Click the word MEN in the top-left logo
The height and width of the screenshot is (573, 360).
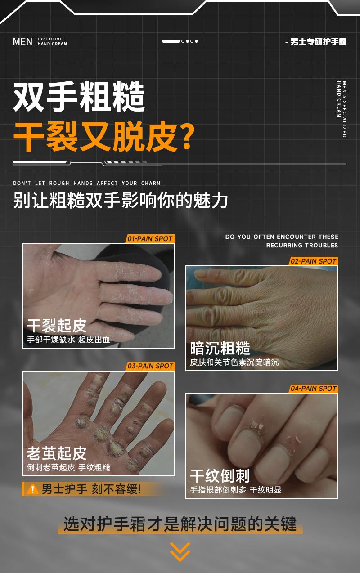[22, 41]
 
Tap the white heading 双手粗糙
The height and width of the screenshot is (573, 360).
[79, 97]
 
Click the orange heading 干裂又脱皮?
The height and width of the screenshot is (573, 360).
[104, 136]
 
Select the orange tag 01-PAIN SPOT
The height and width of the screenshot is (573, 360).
[150, 239]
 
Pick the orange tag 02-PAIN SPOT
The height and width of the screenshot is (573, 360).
[313, 261]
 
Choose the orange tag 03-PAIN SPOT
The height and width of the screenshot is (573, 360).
[150, 366]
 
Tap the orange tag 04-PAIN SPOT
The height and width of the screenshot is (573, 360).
[313, 389]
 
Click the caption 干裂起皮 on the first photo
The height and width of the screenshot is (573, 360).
[57, 326]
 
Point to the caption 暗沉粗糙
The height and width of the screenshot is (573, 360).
[220, 349]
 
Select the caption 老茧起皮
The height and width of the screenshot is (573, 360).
[57, 453]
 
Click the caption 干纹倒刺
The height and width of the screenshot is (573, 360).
[220, 476]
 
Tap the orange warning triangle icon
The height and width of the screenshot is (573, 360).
[32, 489]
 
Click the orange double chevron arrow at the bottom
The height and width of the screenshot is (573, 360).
[180, 551]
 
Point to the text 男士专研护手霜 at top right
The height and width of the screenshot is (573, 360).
[318, 42]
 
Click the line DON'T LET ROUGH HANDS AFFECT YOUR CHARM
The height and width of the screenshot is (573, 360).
[87, 183]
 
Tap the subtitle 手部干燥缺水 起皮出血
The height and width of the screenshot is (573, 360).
[68, 340]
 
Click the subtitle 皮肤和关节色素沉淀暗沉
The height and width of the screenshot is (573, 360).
[234, 362]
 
